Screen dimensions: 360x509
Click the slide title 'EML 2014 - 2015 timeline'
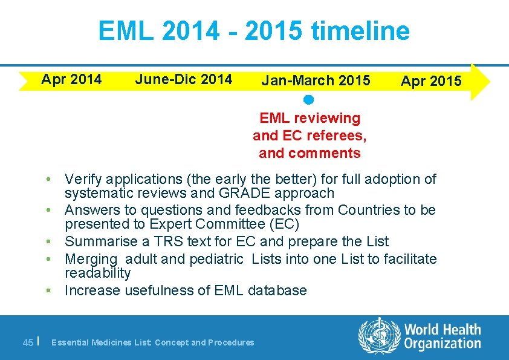[254, 31]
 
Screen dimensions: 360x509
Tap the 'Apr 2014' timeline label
[71, 79]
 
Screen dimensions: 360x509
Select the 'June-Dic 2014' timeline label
[183, 79]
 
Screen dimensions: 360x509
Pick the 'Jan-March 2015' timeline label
[316, 80]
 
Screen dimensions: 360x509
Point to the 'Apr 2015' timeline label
[431, 81]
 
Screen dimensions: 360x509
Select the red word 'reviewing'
[329, 118]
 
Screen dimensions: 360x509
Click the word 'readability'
[97, 273]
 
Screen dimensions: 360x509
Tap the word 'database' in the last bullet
[277, 290]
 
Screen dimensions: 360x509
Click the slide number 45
[28, 342]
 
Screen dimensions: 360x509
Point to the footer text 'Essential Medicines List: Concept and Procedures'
[153, 342]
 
